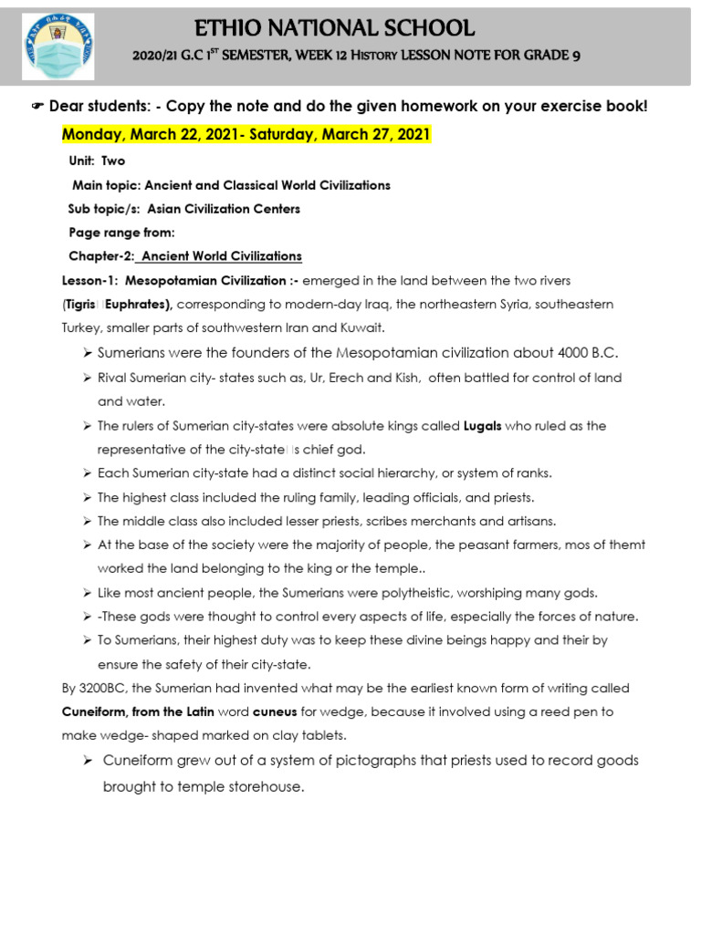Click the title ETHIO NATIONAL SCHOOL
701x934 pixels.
(353, 28)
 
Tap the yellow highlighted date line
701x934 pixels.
(246, 135)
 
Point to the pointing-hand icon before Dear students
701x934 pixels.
(37, 107)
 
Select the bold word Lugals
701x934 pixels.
(483, 426)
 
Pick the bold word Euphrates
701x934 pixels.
(138, 303)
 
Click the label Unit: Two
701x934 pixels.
(98, 161)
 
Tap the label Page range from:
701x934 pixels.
(121, 232)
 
